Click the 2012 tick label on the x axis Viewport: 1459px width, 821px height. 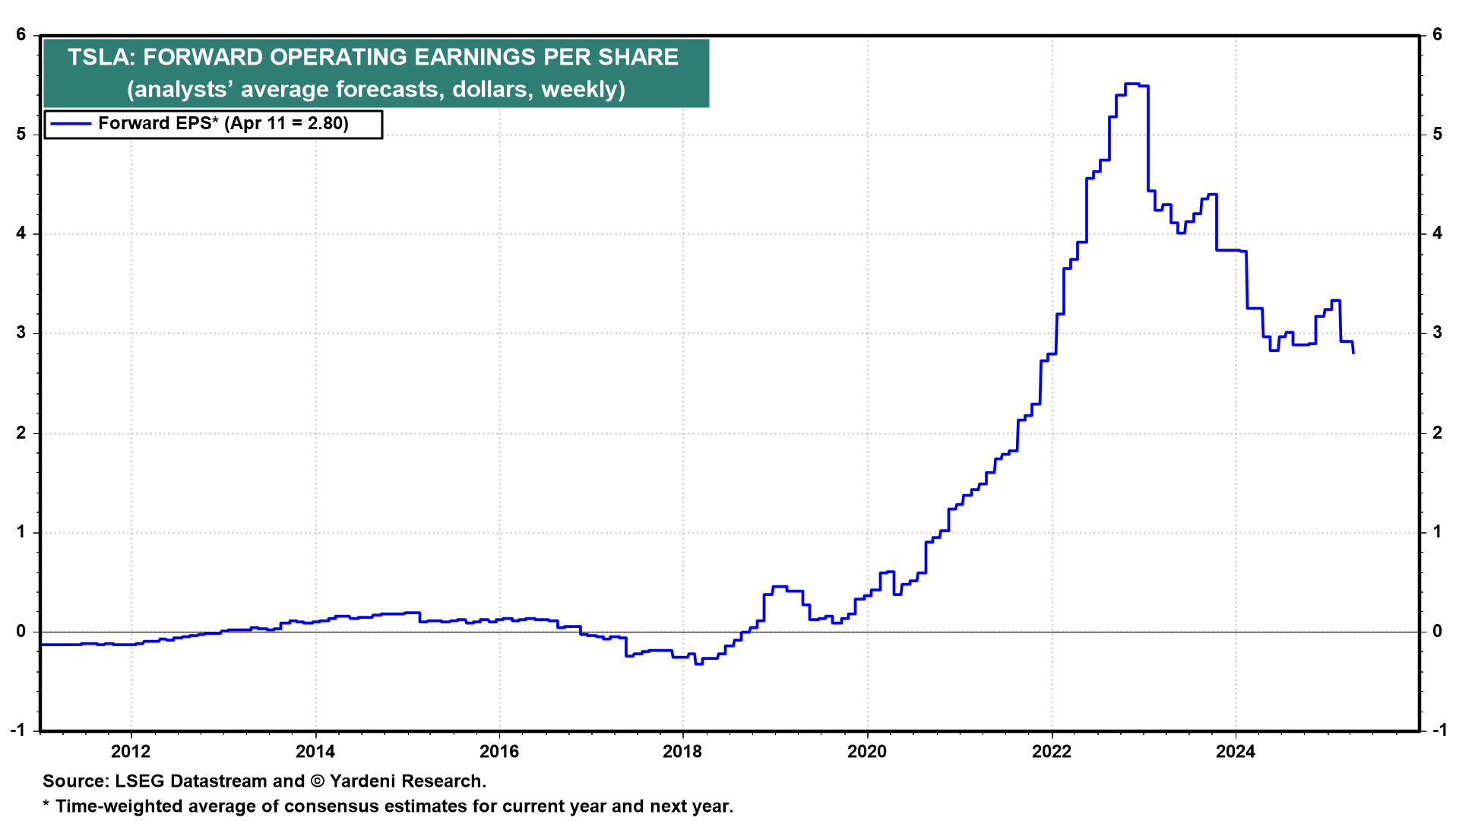point(131,752)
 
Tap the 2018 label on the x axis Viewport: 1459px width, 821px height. point(682,752)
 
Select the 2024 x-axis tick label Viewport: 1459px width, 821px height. point(1236,752)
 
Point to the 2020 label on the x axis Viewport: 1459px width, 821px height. point(867,752)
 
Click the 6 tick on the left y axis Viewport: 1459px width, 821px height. point(21,35)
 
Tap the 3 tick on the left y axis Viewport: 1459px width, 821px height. point(21,333)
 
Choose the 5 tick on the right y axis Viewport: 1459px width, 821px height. point(1437,135)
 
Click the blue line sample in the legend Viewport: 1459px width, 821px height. point(71,123)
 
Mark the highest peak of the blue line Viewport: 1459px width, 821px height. point(1132,84)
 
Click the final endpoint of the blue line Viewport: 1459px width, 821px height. point(1353,353)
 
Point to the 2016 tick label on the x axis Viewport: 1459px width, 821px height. point(498,752)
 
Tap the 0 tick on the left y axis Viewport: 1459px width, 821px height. point(21,631)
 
